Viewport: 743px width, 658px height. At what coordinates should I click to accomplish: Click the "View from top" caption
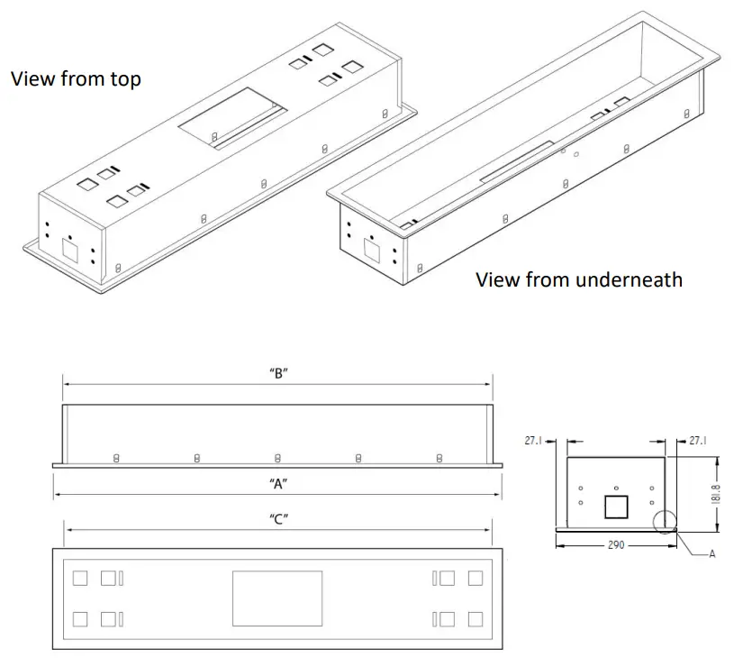[x=76, y=79]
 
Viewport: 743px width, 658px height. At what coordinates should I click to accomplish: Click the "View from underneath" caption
[x=578, y=279]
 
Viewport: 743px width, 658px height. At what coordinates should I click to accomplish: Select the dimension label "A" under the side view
[x=277, y=484]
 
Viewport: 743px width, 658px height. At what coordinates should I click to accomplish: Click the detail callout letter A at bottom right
[x=711, y=553]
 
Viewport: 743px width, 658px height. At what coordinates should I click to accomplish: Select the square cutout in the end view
[x=616, y=507]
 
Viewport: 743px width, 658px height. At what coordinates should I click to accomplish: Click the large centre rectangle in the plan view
[x=277, y=599]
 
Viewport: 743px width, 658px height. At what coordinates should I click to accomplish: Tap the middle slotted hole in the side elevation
[x=277, y=458]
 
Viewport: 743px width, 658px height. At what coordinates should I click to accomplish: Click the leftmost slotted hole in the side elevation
[x=116, y=458]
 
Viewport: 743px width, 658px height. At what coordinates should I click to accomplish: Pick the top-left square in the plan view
[x=80, y=578]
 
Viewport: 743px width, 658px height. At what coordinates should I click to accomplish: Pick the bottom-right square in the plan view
[x=475, y=618]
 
